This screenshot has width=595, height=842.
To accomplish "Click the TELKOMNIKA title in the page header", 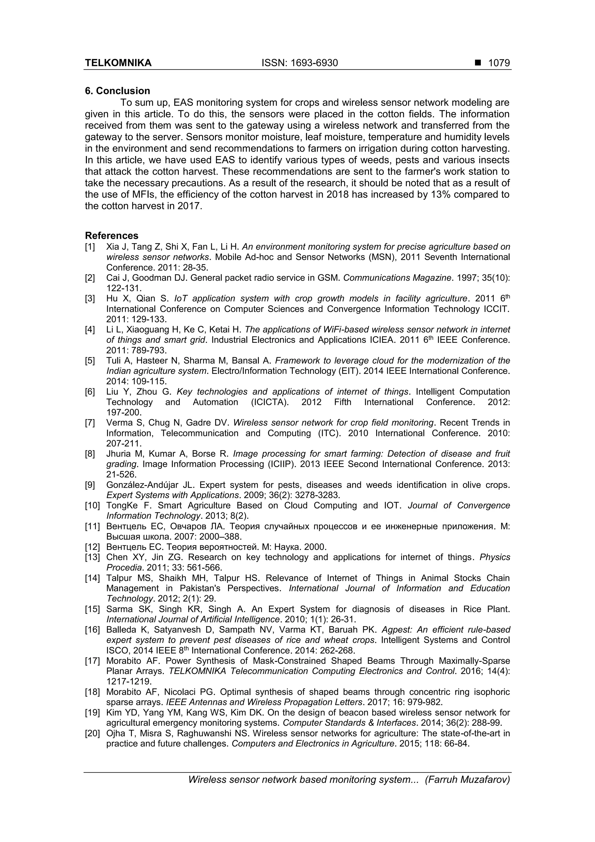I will click(118, 63).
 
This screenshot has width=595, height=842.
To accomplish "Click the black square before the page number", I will click(478, 63).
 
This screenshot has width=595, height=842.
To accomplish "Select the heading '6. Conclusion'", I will click(117, 91).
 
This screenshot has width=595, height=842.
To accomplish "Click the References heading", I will click(112, 235).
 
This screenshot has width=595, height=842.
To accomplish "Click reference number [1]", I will click(90, 247).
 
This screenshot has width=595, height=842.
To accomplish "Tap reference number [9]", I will click(90, 485).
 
